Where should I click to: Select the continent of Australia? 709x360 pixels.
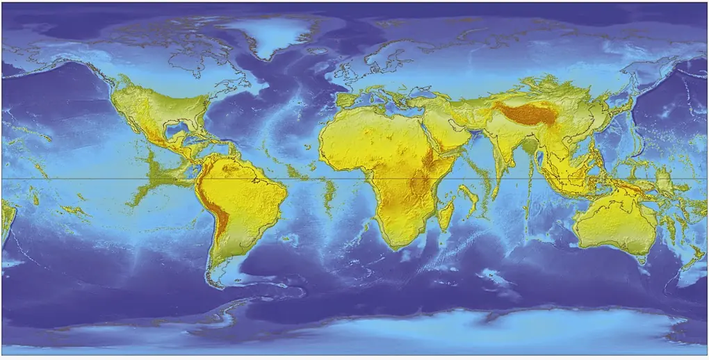(x=615, y=222)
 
